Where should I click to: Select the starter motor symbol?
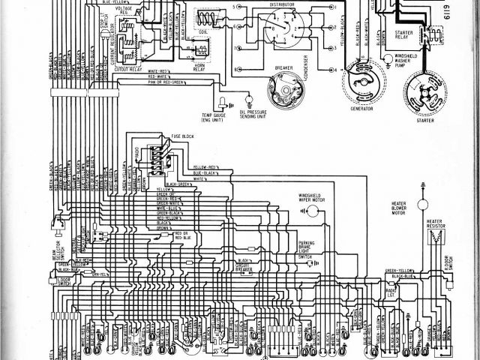[x=423, y=97]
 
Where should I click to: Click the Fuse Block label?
[x=183, y=136]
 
